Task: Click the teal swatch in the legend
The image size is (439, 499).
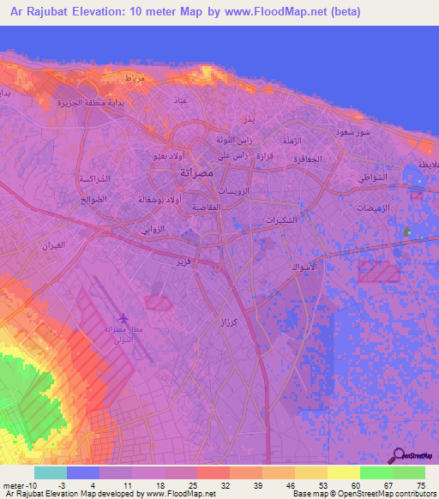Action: coord(51,472)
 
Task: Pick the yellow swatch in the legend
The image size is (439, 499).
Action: coord(344,472)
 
